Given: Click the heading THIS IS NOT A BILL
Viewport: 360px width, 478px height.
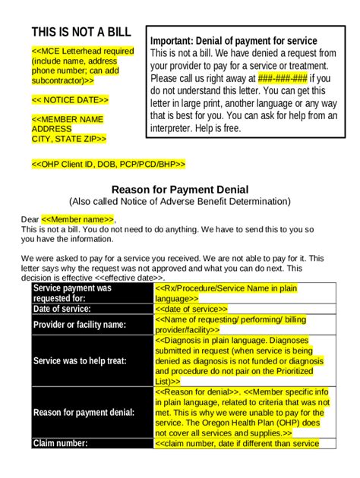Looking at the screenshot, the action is coord(81,32).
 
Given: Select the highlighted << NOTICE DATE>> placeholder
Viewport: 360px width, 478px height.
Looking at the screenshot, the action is coord(70,99).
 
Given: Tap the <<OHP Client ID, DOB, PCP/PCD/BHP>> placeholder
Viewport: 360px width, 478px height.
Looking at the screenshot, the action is coord(108,164).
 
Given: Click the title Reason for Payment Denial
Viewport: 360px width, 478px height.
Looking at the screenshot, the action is coord(180,189).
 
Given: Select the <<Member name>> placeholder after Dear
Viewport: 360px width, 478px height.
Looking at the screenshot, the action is coord(78,219).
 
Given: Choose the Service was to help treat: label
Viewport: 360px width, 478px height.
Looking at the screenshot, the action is coord(80,361).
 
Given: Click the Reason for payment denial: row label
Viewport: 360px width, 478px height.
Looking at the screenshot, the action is coord(84,412).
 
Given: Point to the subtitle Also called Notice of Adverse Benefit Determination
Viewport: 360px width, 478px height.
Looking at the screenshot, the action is coord(179,202).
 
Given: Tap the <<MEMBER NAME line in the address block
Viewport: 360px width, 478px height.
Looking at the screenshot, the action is coord(68,119).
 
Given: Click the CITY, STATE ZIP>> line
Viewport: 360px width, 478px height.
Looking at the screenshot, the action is coord(68,139).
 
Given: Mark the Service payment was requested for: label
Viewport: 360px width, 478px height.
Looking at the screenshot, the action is coord(72,293).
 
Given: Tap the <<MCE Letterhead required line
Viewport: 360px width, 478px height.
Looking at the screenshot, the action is coord(82,50).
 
